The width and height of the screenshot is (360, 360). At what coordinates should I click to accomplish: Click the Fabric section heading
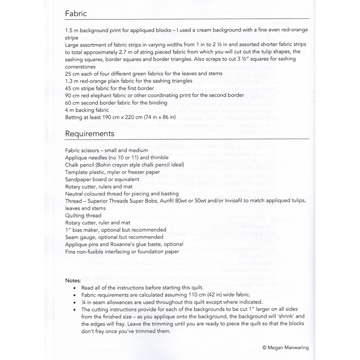pos(76,14)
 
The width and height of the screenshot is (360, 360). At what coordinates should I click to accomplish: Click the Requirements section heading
pos(90,134)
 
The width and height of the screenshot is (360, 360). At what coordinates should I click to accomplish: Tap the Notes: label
pos(73,280)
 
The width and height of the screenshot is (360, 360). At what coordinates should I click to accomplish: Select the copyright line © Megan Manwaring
pos(285,348)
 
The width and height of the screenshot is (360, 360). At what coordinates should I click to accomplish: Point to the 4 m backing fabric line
pos(87,110)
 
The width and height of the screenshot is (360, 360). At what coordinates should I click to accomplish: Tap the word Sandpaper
pos(78,179)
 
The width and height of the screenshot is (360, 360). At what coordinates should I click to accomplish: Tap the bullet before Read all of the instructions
pos(74,287)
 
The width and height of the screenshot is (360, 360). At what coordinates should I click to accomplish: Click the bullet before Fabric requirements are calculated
pos(74,294)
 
